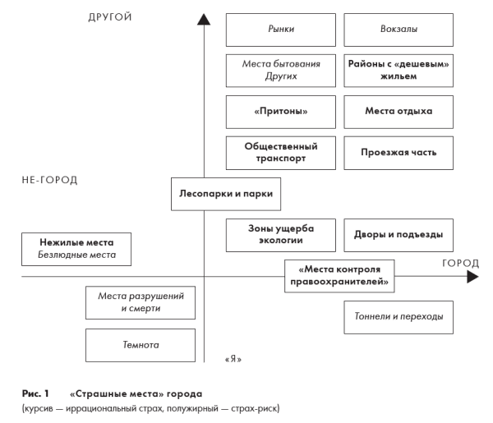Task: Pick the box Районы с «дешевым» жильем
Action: point(399,70)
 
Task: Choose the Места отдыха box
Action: point(399,111)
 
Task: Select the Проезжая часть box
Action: point(399,152)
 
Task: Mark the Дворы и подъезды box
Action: point(399,234)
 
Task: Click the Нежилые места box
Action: point(76,249)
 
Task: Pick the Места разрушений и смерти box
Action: point(141,301)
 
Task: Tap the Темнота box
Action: point(141,345)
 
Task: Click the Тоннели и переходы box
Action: point(399,316)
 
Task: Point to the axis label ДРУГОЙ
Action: point(110,16)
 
